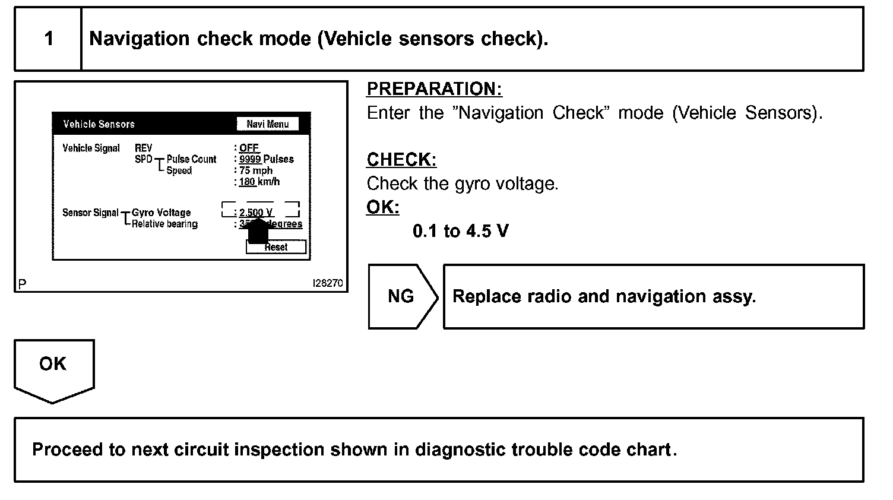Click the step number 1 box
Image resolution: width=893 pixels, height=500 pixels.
(48, 39)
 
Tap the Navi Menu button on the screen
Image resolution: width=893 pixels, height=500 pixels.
(267, 124)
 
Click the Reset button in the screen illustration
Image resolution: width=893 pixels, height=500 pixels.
(276, 247)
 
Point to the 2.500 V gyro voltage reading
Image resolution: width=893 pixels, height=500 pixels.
(256, 212)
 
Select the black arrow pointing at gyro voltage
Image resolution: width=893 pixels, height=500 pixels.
(257, 231)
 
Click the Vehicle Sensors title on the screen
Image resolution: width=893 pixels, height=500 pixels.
(99, 124)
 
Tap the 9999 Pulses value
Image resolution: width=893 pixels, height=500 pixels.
(266, 159)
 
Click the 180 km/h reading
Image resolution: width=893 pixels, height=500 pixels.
(259, 182)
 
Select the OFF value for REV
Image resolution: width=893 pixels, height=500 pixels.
(249, 148)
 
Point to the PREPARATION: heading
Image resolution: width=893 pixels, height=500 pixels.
(434, 89)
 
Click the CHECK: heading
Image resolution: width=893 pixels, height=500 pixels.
(401, 160)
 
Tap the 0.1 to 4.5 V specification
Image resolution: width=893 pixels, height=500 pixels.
(460, 231)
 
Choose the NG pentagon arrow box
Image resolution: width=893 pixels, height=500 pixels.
(402, 296)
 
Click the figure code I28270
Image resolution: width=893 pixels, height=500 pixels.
(327, 283)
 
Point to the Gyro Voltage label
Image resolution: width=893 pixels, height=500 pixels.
(161, 213)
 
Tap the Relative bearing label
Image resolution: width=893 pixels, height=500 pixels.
(164, 224)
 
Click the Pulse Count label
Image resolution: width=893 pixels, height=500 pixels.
(191, 159)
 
